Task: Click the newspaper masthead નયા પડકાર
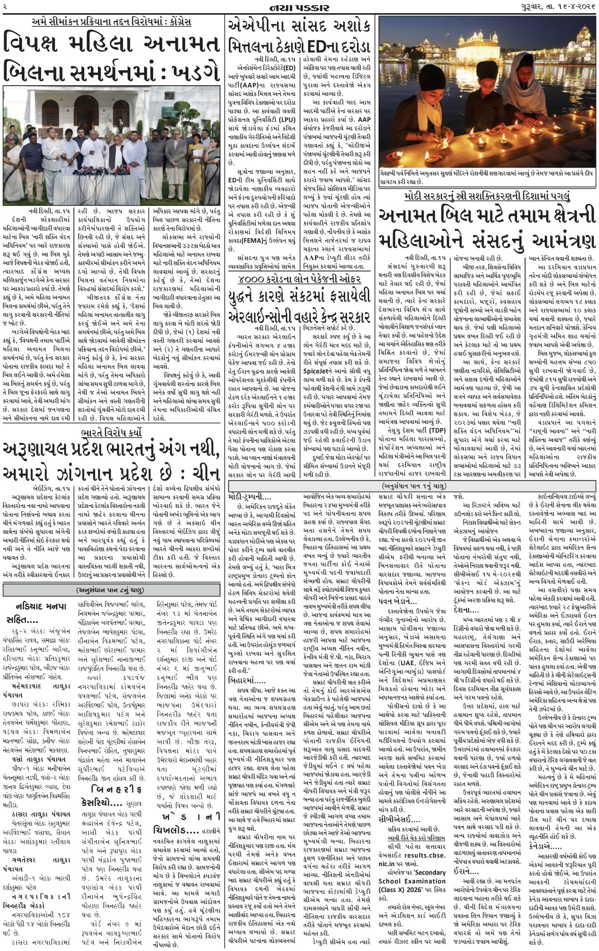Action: [x=299, y=8]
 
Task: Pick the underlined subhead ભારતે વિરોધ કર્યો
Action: [x=112, y=433]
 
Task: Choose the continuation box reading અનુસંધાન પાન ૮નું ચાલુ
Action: [x=112, y=590]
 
